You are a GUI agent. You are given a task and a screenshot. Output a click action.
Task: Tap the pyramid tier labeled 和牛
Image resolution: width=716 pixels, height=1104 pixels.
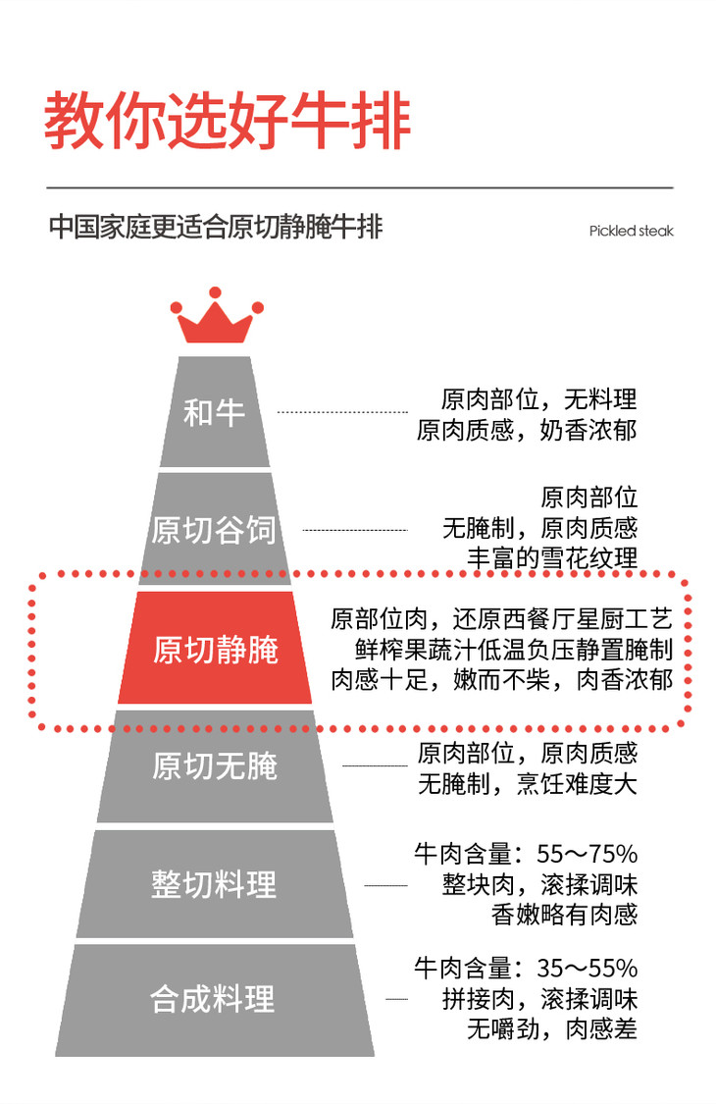coord(214,412)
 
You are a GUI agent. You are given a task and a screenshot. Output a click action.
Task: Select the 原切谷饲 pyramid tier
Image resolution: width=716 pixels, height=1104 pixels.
coord(214,530)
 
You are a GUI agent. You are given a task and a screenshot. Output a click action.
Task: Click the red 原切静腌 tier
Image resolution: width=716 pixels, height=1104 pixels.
coord(215,649)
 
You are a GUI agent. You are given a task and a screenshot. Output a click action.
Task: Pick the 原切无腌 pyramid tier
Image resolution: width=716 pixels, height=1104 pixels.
coord(215,766)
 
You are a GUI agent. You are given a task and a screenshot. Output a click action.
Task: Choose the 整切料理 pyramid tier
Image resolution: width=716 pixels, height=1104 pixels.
coord(214,883)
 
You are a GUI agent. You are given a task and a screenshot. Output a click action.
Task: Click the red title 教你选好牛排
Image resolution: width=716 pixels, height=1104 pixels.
coord(227,122)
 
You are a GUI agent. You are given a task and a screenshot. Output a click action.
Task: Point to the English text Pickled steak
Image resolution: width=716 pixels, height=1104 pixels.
coord(631,232)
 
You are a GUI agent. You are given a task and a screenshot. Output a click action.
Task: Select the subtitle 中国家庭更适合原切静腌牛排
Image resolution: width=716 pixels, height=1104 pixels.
coord(215,228)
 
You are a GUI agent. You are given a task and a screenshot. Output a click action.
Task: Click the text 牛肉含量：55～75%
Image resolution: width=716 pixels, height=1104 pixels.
coord(526,853)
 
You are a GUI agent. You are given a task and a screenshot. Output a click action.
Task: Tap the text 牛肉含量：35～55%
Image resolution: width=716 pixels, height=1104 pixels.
coord(526,969)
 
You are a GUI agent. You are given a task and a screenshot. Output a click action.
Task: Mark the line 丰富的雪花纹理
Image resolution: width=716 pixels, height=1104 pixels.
coord(551,558)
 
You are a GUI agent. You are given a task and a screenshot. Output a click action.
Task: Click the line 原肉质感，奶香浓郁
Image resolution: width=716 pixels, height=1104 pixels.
coord(527,430)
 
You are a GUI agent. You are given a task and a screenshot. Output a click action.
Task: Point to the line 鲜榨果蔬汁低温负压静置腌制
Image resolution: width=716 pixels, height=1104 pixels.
coord(514,649)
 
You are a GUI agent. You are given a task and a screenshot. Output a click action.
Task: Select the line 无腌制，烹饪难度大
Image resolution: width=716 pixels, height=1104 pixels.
coord(527,784)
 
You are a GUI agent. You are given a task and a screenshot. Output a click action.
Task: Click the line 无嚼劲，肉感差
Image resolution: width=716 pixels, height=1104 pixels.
coord(551,1028)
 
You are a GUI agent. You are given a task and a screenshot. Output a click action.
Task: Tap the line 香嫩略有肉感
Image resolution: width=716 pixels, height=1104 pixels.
coord(564,914)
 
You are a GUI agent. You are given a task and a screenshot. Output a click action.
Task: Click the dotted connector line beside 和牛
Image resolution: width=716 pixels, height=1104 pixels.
coord(341,412)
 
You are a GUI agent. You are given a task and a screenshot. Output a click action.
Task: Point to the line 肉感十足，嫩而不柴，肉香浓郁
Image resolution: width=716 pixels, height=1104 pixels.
coord(501,678)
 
